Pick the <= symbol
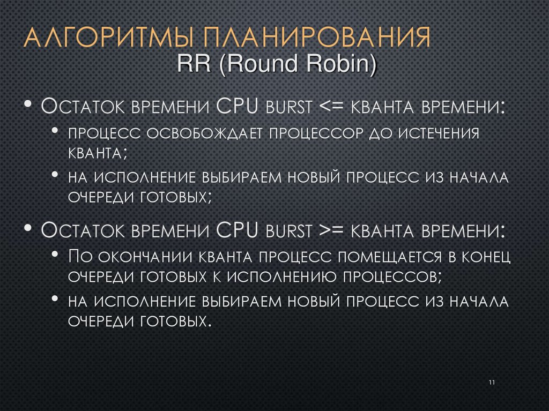coord(332,106)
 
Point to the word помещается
coord(389,257)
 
